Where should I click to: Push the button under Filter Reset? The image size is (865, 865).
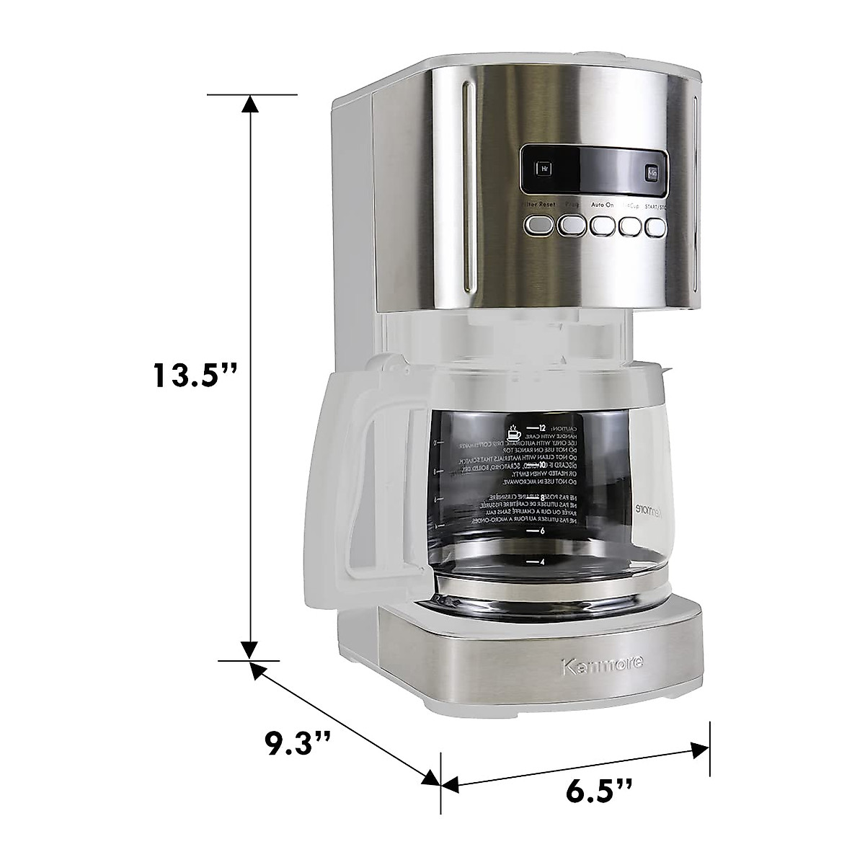coord(540,226)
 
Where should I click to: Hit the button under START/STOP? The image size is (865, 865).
coord(656,226)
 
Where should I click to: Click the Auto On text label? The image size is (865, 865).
coord(603,205)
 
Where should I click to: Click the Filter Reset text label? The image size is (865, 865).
coord(538,205)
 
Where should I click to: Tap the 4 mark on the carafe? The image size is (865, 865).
coord(541,561)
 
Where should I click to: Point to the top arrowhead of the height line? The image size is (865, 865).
coord(250,105)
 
